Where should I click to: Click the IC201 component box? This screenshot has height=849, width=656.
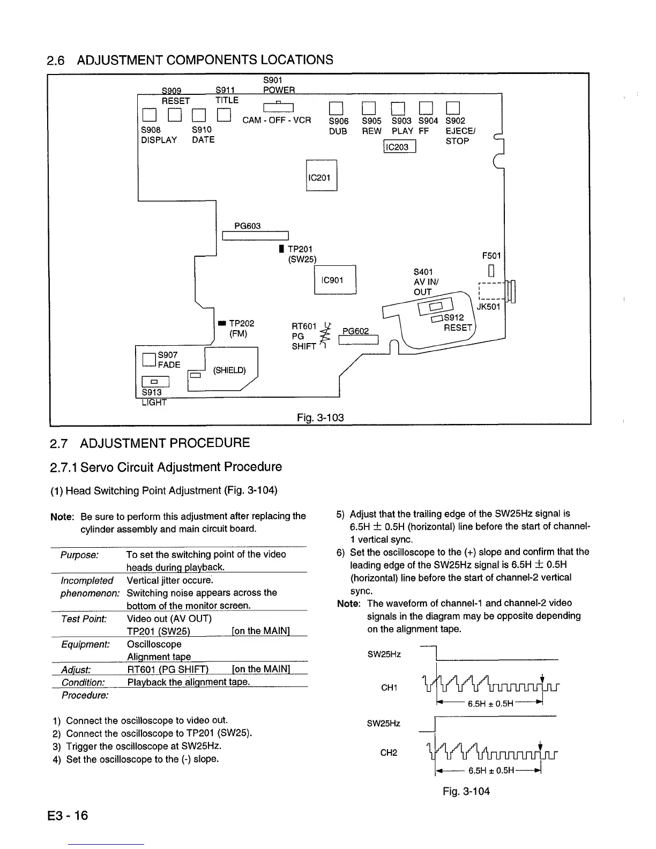coord(321,176)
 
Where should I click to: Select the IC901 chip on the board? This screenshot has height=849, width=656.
coord(335,280)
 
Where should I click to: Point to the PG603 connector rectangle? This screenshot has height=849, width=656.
coord(255,236)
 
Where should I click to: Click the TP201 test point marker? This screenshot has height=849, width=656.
coord(281,249)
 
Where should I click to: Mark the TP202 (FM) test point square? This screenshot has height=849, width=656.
coord(221,323)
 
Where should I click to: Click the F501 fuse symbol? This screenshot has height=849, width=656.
coord(490,270)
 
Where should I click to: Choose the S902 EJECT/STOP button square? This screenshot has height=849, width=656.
coord(453,109)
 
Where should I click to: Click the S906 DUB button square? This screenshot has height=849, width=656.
coord(336,109)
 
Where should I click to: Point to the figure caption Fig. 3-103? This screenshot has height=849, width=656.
coord(320,418)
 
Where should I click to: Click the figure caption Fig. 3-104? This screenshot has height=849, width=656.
coord(466,791)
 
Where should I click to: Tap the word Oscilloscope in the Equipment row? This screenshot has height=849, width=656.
coord(154,644)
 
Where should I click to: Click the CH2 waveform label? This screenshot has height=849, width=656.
coord(389,753)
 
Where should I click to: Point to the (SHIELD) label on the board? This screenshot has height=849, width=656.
coord(229,370)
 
